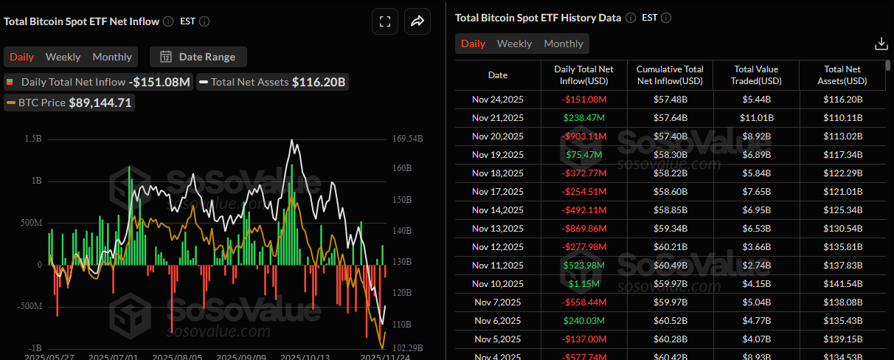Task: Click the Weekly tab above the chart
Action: (x=63, y=57)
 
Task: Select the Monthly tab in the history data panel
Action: (x=563, y=44)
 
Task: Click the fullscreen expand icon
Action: (x=384, y=22)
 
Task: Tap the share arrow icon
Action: (x=417, y=22)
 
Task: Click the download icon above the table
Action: (x=881, y=44)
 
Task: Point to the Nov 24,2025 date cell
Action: (x=498, y=99)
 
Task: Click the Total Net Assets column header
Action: (x=842, y=75)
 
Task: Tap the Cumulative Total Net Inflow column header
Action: (x=669, y=75)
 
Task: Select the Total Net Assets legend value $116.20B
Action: (x=319, y=82)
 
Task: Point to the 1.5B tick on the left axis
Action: (x=32, y=139)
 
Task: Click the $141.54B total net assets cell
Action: (x=842, y=283)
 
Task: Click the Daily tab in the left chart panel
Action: (x=21, y=57)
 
